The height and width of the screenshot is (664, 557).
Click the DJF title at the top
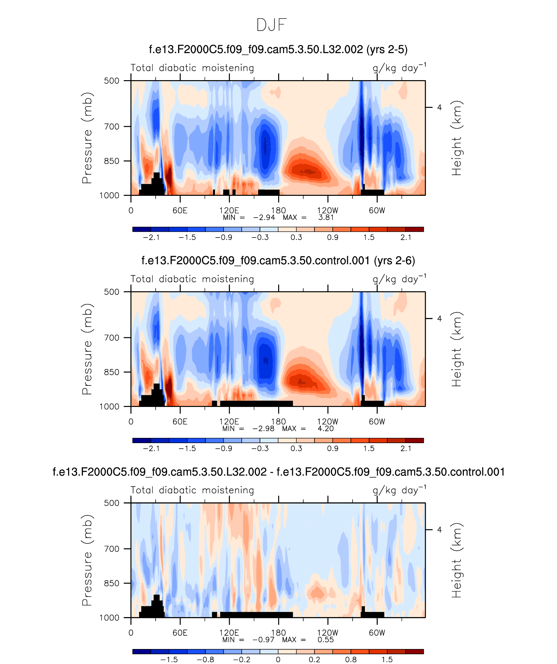click(x=271, y=25)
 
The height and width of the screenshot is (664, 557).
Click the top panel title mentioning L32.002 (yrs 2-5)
click(x=278, y=50)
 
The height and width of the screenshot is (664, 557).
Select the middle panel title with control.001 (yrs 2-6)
click(x=278, y=261)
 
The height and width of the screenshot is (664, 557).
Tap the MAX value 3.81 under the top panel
click(x=326, y=218)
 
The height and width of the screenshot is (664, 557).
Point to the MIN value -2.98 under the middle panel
click(x=263, y=429)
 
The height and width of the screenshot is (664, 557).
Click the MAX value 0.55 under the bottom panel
click(x=326, y=640)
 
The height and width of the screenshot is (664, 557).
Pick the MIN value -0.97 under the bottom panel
click(x=263, y=640)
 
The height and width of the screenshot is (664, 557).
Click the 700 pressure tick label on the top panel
click(x=112, y=126)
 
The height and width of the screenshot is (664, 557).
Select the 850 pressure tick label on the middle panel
click(x=112, y=372)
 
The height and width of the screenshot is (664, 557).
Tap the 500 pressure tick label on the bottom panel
click(x=112, y=503)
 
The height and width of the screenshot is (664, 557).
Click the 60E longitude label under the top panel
click(x=180, y=210)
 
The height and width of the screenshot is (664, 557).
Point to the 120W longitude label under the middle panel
click(x=328, y=422)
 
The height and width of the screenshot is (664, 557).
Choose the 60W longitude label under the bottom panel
click(x=377, y=633)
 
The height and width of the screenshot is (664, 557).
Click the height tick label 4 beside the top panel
click(x=439, y=108)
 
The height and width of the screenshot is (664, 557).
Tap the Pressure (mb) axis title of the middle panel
click(x=87, y=349)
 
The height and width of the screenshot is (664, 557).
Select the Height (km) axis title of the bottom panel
click(x=457, y=560)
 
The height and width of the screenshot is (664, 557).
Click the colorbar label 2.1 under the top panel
click(x=406, y=238)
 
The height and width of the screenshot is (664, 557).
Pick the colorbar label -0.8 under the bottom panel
click(x=206, y=660)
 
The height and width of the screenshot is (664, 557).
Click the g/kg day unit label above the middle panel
click(x=399, y=279)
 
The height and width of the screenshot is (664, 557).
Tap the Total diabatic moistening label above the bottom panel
click(x=192, y=490)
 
